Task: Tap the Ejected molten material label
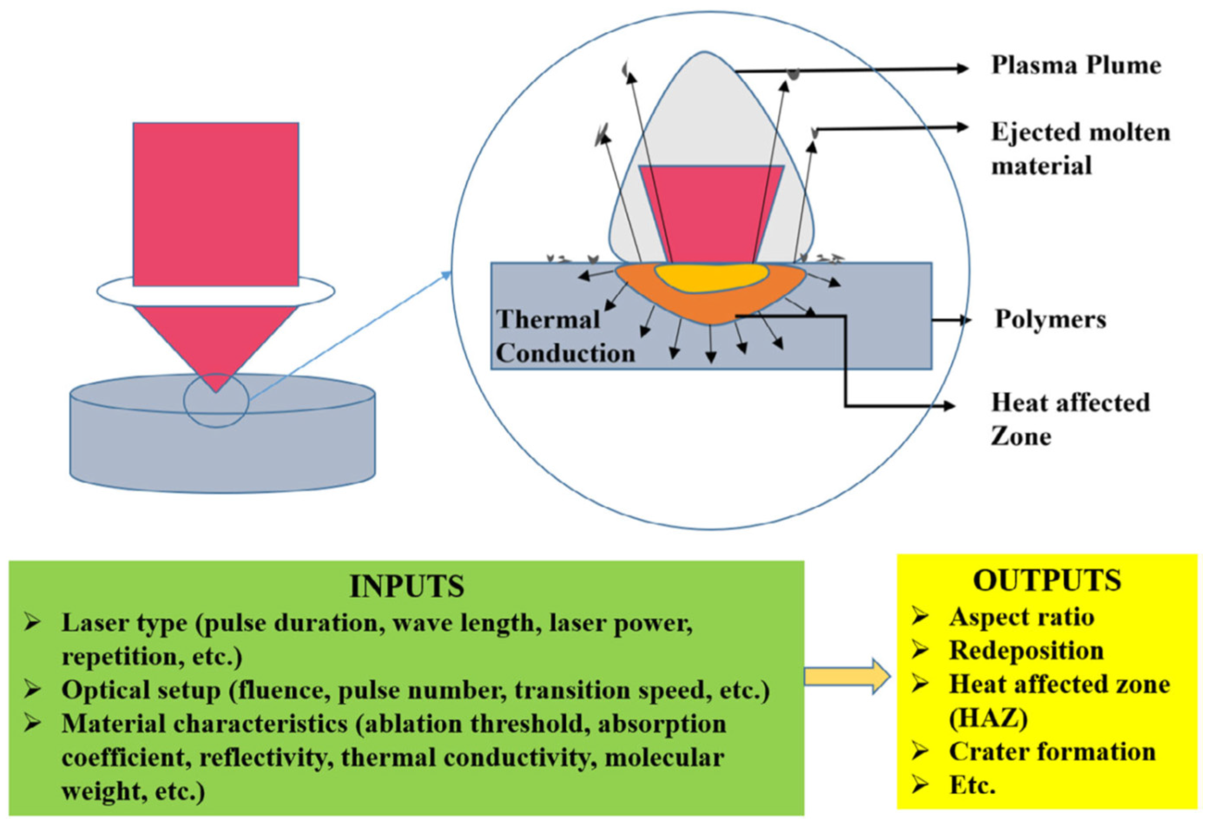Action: tap(1080, 149)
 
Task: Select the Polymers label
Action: tap(1050, 319)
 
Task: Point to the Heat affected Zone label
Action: tap(1070, 419)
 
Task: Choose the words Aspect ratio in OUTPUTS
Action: tap(1021, 617)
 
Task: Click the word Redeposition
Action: tap(1026, 651)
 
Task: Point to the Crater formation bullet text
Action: tap(1051, 751)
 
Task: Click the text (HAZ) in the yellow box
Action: tap(988, 718)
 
